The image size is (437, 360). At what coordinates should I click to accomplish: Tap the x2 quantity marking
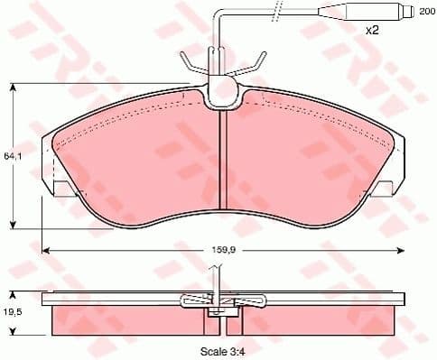coord(370,31)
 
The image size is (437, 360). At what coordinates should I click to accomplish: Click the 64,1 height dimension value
coord(11,155)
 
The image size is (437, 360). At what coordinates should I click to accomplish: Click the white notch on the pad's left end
coord(64,188)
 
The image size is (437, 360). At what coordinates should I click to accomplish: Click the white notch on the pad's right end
coord(382,188)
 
